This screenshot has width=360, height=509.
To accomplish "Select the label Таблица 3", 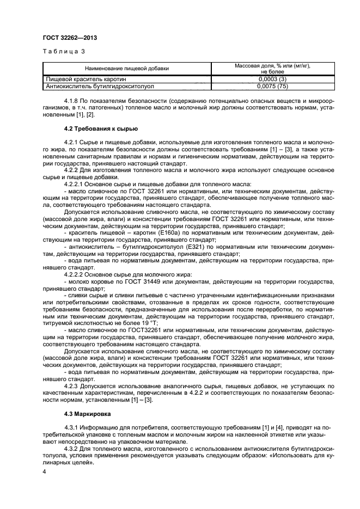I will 60,52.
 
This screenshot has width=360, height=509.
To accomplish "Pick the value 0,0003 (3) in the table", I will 272,79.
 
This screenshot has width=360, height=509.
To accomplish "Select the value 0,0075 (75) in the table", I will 272,86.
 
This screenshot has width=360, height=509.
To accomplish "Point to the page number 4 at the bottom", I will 44,471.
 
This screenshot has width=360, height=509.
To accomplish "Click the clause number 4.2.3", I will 73,384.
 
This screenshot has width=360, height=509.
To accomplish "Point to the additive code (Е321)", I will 195,247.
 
